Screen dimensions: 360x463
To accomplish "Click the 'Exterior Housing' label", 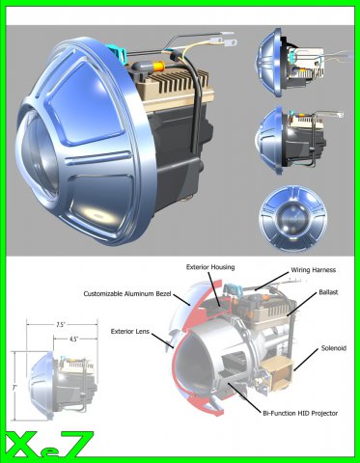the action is point(210,267).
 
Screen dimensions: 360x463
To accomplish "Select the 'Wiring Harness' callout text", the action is point(313,270).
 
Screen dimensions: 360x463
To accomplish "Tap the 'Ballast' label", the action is point(328,292).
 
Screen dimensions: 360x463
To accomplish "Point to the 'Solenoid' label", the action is point(334,348).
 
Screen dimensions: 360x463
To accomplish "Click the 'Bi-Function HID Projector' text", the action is point(300,413).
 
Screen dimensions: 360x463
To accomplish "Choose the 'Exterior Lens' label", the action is point(130,331).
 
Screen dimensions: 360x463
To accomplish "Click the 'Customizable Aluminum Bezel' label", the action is point(127,293).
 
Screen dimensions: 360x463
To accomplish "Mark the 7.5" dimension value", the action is point(61,325).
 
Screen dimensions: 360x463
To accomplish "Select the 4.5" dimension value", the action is point(74,339).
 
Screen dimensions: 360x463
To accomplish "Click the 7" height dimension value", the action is point(14,388).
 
